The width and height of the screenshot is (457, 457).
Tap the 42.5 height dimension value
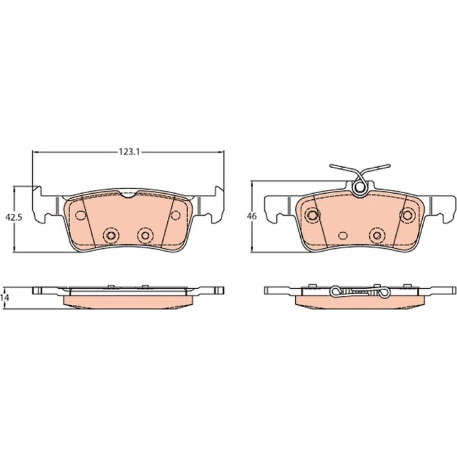(x=14, y=218)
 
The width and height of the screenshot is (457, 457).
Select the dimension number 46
(x=252, y=217)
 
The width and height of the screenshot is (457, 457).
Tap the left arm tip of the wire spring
(x=331, y=166)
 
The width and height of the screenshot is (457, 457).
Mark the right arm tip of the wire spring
(x=388, y=166)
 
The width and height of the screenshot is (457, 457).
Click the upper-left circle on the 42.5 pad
(x=80, y=215)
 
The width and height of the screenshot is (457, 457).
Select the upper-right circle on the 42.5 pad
(x=175, y=215)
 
